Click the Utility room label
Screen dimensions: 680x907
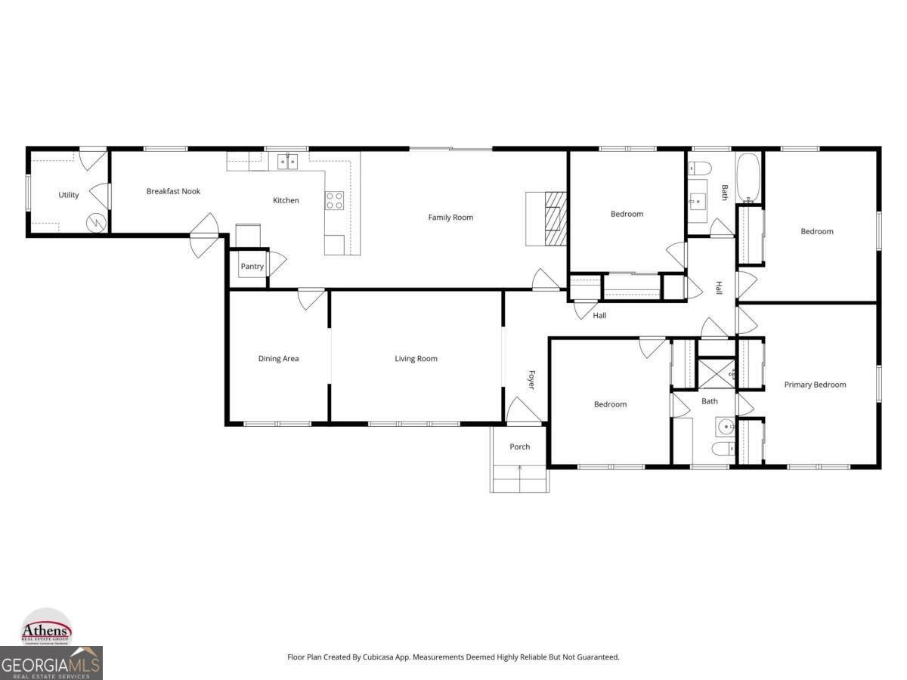[69, 195]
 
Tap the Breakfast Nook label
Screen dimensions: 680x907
[173, 192]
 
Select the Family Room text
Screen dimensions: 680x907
[450, 218]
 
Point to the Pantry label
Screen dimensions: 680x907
[252, 267]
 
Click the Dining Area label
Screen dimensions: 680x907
[278, 359]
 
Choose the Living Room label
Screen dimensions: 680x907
[416, 359]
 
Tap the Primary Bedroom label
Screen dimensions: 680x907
[815, 385]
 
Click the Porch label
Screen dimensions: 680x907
[519, 447]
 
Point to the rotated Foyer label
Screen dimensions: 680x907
[531, 379]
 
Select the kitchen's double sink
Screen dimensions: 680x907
[287, 161]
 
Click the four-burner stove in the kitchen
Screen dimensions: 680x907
[334, 200]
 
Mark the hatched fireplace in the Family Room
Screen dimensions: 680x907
[555, 218]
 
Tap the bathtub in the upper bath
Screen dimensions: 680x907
[748, 178]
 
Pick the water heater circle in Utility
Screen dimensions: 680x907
[96, 222]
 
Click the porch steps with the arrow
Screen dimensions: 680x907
[519, 478]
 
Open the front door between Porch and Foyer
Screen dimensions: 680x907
[522, 412]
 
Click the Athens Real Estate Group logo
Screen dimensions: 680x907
[46, 628]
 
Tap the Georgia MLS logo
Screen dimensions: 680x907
[51, 664]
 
